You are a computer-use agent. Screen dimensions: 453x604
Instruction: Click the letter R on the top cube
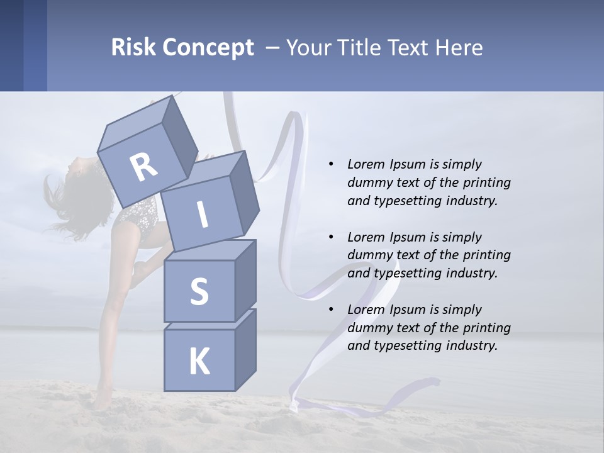(x=143, y=167)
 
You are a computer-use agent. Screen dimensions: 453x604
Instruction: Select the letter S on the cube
(x=199, y=291)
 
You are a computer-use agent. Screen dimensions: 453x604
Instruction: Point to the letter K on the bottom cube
(x=199, y=362)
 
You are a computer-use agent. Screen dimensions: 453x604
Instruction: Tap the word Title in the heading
(x=359, y=47)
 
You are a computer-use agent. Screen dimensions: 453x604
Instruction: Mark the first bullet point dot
(x=331, y=164)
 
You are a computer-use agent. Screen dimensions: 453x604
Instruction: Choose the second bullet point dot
(x=331, y=237)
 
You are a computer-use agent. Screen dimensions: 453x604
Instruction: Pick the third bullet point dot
(x=331, y=310)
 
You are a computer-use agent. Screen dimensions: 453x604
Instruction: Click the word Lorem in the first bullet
(x=365, y=164)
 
